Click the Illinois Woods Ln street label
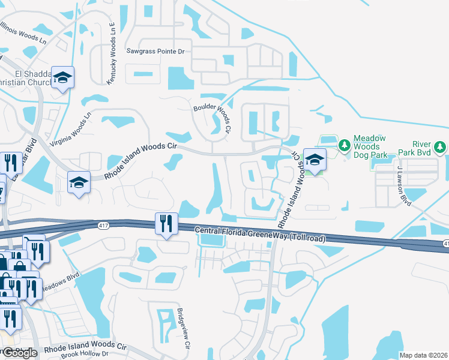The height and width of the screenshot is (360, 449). [x=22, y=33]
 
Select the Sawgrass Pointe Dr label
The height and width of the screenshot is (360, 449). [x=155, y=52]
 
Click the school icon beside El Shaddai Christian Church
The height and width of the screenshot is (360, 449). [x=62, y=77]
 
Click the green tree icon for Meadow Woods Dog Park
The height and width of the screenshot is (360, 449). [x=344, y=145]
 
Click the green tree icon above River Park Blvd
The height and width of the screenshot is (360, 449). [x=439, y=146]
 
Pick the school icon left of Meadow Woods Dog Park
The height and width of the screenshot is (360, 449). [x=315, y=160]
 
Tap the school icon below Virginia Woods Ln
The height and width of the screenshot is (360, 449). [x=79, y=182]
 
